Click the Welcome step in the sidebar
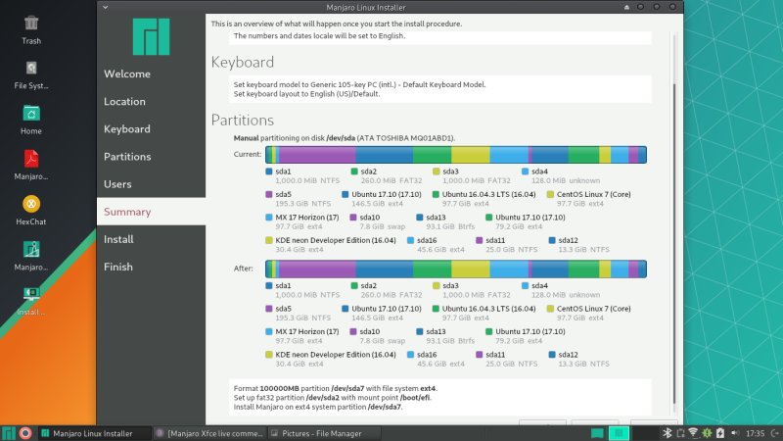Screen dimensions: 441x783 click(127, 74)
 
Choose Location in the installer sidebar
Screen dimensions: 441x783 click(125, 102)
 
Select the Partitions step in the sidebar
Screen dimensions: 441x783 click(127, 157)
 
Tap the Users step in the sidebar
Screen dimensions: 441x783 click(117, 184)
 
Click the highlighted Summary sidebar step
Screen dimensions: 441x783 click(127, 212)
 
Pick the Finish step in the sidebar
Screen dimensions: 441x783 click(118, 267)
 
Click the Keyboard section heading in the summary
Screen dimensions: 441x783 click(243, 63)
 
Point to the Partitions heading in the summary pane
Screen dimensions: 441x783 click(243, 121)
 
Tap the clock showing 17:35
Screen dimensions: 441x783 click(756, 432)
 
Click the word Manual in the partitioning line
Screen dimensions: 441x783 click(246, 138)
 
